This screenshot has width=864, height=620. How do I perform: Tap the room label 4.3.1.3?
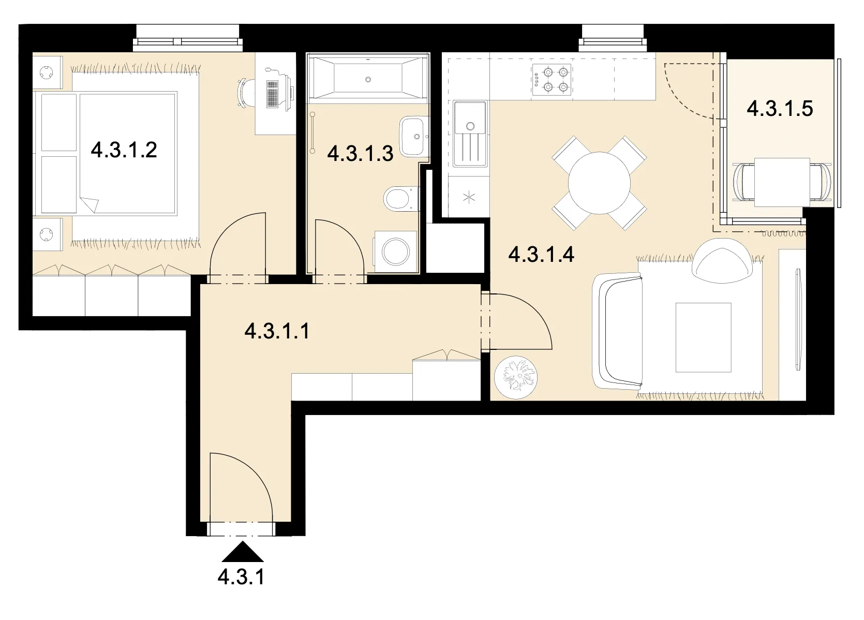360,153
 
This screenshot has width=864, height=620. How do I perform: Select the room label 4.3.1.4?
541,255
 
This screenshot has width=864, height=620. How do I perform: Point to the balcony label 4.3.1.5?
780,108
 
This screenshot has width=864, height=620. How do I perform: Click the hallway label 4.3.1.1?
277,331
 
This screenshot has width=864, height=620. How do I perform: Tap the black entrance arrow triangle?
243,551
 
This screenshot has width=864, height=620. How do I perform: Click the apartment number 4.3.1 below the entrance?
241,577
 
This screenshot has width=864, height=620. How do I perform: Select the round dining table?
599,183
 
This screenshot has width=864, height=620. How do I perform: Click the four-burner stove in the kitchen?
552,80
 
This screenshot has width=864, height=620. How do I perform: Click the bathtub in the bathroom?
367,79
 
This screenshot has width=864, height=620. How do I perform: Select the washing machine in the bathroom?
396,252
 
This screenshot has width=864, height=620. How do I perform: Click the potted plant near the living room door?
516,377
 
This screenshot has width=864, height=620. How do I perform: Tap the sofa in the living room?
617,330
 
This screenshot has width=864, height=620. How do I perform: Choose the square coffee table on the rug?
703,337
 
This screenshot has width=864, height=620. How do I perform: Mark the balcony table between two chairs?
782,182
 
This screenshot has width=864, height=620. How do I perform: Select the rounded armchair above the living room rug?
722,261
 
